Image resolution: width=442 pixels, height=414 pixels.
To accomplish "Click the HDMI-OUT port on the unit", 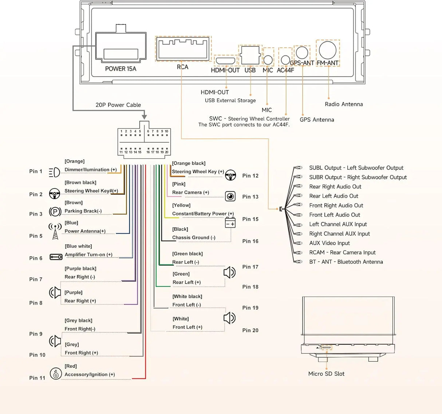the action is (225, 60).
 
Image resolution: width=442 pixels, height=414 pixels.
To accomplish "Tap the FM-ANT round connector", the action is (327, 50).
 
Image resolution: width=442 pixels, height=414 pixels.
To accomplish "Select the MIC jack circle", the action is (268, 60).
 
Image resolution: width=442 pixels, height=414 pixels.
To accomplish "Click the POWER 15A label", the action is (121, 69).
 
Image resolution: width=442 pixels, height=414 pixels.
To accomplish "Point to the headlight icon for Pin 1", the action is (54, 172).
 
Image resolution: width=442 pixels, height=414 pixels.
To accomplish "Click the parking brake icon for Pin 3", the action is (55, 212).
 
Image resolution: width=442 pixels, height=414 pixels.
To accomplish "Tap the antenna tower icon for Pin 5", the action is (55, 232).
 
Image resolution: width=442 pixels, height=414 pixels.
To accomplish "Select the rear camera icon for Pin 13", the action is (230, 196).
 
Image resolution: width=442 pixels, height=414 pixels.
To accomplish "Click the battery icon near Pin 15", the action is (230, 223).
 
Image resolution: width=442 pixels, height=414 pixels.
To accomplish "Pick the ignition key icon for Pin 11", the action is (56, 374).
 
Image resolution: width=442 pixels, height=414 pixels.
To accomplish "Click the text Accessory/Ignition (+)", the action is (90, 375).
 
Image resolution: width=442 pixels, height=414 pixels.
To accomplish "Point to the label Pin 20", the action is (250, 330).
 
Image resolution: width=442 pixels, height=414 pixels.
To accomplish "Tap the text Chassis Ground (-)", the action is (194, 238).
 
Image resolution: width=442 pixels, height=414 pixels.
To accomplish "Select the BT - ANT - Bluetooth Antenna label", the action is (346, 262).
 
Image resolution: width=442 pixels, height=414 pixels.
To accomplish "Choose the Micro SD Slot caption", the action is (326, 374).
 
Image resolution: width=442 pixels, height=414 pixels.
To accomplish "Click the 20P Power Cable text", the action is (118, 105).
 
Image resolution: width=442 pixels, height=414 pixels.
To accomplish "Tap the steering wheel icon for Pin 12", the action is (230, 175).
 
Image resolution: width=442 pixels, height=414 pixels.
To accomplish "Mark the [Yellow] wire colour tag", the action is (181, 205).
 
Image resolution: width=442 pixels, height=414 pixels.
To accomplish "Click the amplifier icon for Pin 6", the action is (56, 257).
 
